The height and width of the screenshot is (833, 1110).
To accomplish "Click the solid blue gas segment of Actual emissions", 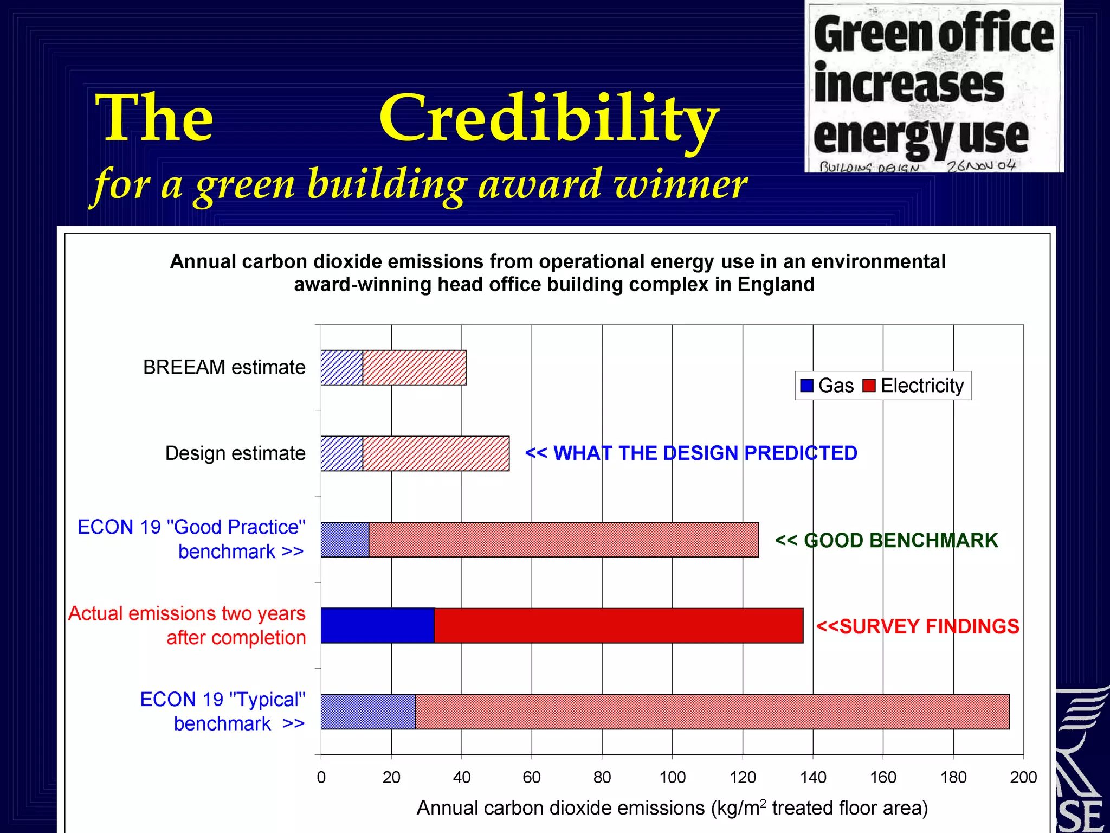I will pos(377,625).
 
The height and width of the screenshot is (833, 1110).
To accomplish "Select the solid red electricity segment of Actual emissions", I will pos(618,625).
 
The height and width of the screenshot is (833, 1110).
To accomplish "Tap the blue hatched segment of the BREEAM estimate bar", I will pos(341,368).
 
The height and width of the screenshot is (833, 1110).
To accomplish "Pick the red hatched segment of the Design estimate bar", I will pos(436,453).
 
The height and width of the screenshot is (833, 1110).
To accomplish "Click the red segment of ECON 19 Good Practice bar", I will pos(564,540).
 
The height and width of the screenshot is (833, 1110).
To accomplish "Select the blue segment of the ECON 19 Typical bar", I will pos(368,712).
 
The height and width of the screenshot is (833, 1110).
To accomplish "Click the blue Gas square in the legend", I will pos(806,386).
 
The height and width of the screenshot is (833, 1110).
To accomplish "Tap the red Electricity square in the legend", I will pos(869,386).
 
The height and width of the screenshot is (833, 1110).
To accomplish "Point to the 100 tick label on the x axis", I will pos(672,777).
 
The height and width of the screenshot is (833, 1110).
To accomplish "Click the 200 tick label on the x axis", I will pos(1023,777).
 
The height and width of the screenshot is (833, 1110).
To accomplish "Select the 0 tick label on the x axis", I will pos(321,777).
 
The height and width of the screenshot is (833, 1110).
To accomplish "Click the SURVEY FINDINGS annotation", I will pos(918,626).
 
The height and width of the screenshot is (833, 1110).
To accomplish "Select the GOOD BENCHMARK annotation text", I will pos(887,541).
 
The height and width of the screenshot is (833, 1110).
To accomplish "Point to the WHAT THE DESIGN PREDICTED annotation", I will pos(691,453).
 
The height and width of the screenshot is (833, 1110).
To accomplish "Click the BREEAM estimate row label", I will pos(224,368).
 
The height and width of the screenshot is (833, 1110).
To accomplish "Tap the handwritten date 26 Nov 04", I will pos(980,165).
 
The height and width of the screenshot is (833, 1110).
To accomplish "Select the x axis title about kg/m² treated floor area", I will pos(672,808).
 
